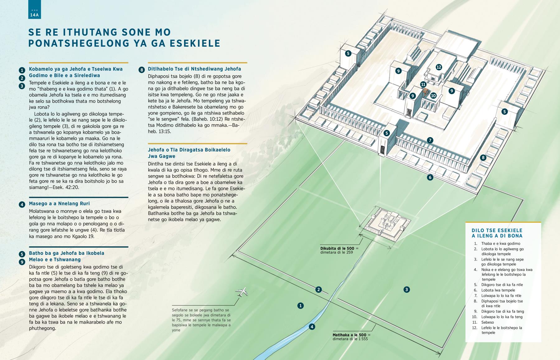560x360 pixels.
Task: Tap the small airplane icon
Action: (242, 292)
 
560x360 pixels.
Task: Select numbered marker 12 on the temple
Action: (439, 67)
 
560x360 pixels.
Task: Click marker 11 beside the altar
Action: (423, 84)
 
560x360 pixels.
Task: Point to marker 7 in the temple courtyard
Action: (430, 140)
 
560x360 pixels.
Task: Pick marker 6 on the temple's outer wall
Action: (430, 177)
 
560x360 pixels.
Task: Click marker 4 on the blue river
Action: (312, 327)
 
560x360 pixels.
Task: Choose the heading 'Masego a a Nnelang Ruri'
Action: (59, 203)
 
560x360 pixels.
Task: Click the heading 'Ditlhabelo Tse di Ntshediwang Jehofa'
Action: (194, 69)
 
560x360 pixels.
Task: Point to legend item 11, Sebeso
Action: (488, 322)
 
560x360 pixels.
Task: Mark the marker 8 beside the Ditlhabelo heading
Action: (142, 70)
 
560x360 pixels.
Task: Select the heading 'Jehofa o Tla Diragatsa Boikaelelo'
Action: (189, 150)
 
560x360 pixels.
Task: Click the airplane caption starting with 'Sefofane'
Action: (201, 320)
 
